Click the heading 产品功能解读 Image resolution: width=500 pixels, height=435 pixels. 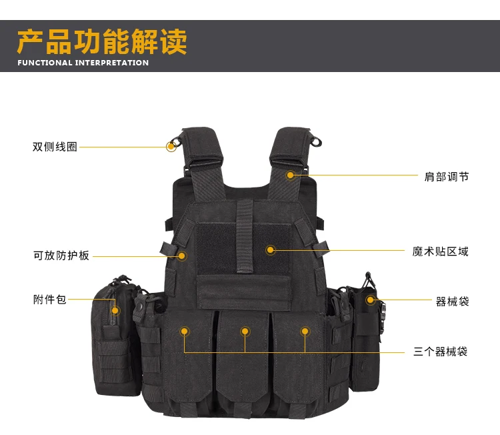coord(102,41)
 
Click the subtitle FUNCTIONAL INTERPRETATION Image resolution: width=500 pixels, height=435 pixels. coord(83,63)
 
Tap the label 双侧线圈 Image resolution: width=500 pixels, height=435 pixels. coord(55,147)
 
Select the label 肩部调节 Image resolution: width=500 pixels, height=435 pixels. coord(447,177)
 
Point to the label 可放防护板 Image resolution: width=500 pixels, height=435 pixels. coord(61,256)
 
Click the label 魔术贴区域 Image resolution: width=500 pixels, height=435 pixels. coord(441,252)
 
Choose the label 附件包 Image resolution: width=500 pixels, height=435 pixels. coord(50,300)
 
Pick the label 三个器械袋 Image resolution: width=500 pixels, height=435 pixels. coord(441,352)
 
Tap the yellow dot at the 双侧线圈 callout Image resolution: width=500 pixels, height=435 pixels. coord(171,147)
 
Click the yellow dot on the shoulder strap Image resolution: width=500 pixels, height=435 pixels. coord(290,175)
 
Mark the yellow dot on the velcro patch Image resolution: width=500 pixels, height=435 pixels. coord(271,250)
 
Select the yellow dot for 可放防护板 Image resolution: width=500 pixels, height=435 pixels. coord(182,256)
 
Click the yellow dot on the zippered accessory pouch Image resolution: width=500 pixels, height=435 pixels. coord(115,310)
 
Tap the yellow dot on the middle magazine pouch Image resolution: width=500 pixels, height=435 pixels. coord(245,332)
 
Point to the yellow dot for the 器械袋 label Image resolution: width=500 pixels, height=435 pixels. coord(370,300)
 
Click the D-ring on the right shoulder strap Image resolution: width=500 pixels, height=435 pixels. coord(316,141)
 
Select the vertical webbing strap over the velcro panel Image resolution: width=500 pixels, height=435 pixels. coord(245,236)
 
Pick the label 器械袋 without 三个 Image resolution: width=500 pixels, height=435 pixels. coord(452,302)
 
